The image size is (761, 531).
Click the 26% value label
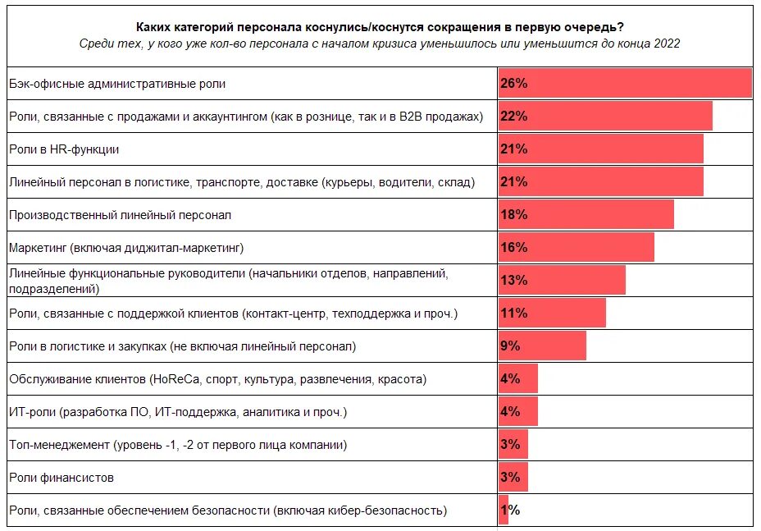pos(513,84)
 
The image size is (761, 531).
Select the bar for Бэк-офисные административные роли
pos(625,84)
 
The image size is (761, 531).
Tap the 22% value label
pos(513,117)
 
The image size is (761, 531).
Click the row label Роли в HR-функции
pos(64,149)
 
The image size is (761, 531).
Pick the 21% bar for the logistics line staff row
pos(600,181)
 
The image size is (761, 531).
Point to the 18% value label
pos(513,215)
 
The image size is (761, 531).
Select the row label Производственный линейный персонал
pos(120,215)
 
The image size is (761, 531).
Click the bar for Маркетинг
pos(576,247)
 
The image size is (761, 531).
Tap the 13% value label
pos(513,280)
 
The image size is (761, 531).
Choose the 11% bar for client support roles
pos(552,313)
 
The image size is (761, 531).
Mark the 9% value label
pos(510,346)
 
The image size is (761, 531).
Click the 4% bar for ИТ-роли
pos(518,411)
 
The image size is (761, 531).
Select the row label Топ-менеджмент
pos(177,445)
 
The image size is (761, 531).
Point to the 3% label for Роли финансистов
pos(510,477)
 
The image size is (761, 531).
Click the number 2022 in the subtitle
pos(665,43)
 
